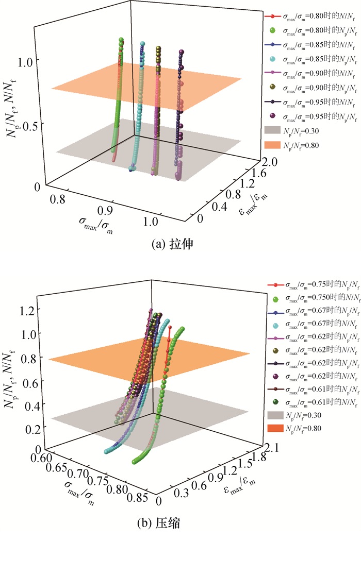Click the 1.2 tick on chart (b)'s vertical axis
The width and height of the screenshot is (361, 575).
coord(26,311)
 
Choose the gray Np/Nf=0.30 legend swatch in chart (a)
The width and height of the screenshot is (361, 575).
coord(272,130)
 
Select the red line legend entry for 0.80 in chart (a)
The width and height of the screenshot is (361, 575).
coord(272,16)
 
